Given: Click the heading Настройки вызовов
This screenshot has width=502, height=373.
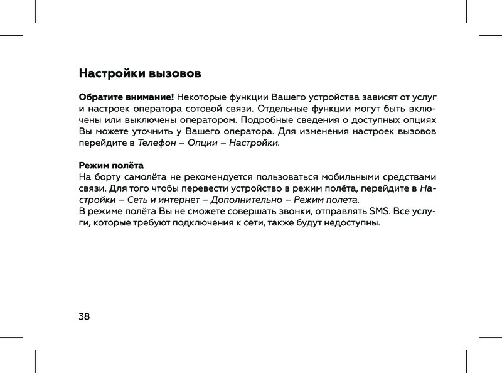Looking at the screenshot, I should [140, 73].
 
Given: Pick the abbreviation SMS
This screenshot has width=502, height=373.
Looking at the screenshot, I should [379, 211].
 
